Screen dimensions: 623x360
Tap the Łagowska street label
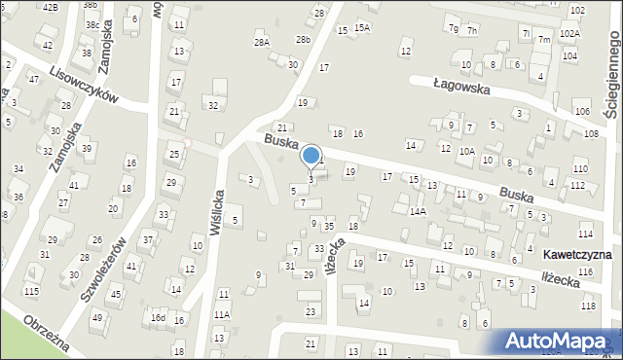[462, 86]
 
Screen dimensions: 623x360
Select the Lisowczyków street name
[84, 85]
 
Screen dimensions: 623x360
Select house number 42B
[50, 7]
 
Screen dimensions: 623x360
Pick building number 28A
[261, 43]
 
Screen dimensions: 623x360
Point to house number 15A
[362, 28]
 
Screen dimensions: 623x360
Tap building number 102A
[570, 34]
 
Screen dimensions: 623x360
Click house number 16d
[157, 318]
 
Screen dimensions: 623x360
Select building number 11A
[222, 314]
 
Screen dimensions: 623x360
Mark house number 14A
[418, 211]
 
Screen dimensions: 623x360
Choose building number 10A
[467, 151]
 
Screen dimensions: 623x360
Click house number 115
[32, 292]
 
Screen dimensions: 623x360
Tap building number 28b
[304, 39]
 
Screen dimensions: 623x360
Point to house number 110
[580, 169]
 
